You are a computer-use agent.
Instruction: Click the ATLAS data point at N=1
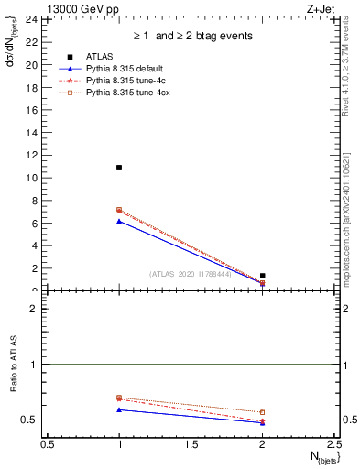[x=119, y=168]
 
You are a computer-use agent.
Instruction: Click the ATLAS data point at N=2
[x=262, y=276]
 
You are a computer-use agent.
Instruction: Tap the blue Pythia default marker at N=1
[x=119, y=222]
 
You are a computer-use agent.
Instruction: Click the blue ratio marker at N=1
[x=119, y=409]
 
